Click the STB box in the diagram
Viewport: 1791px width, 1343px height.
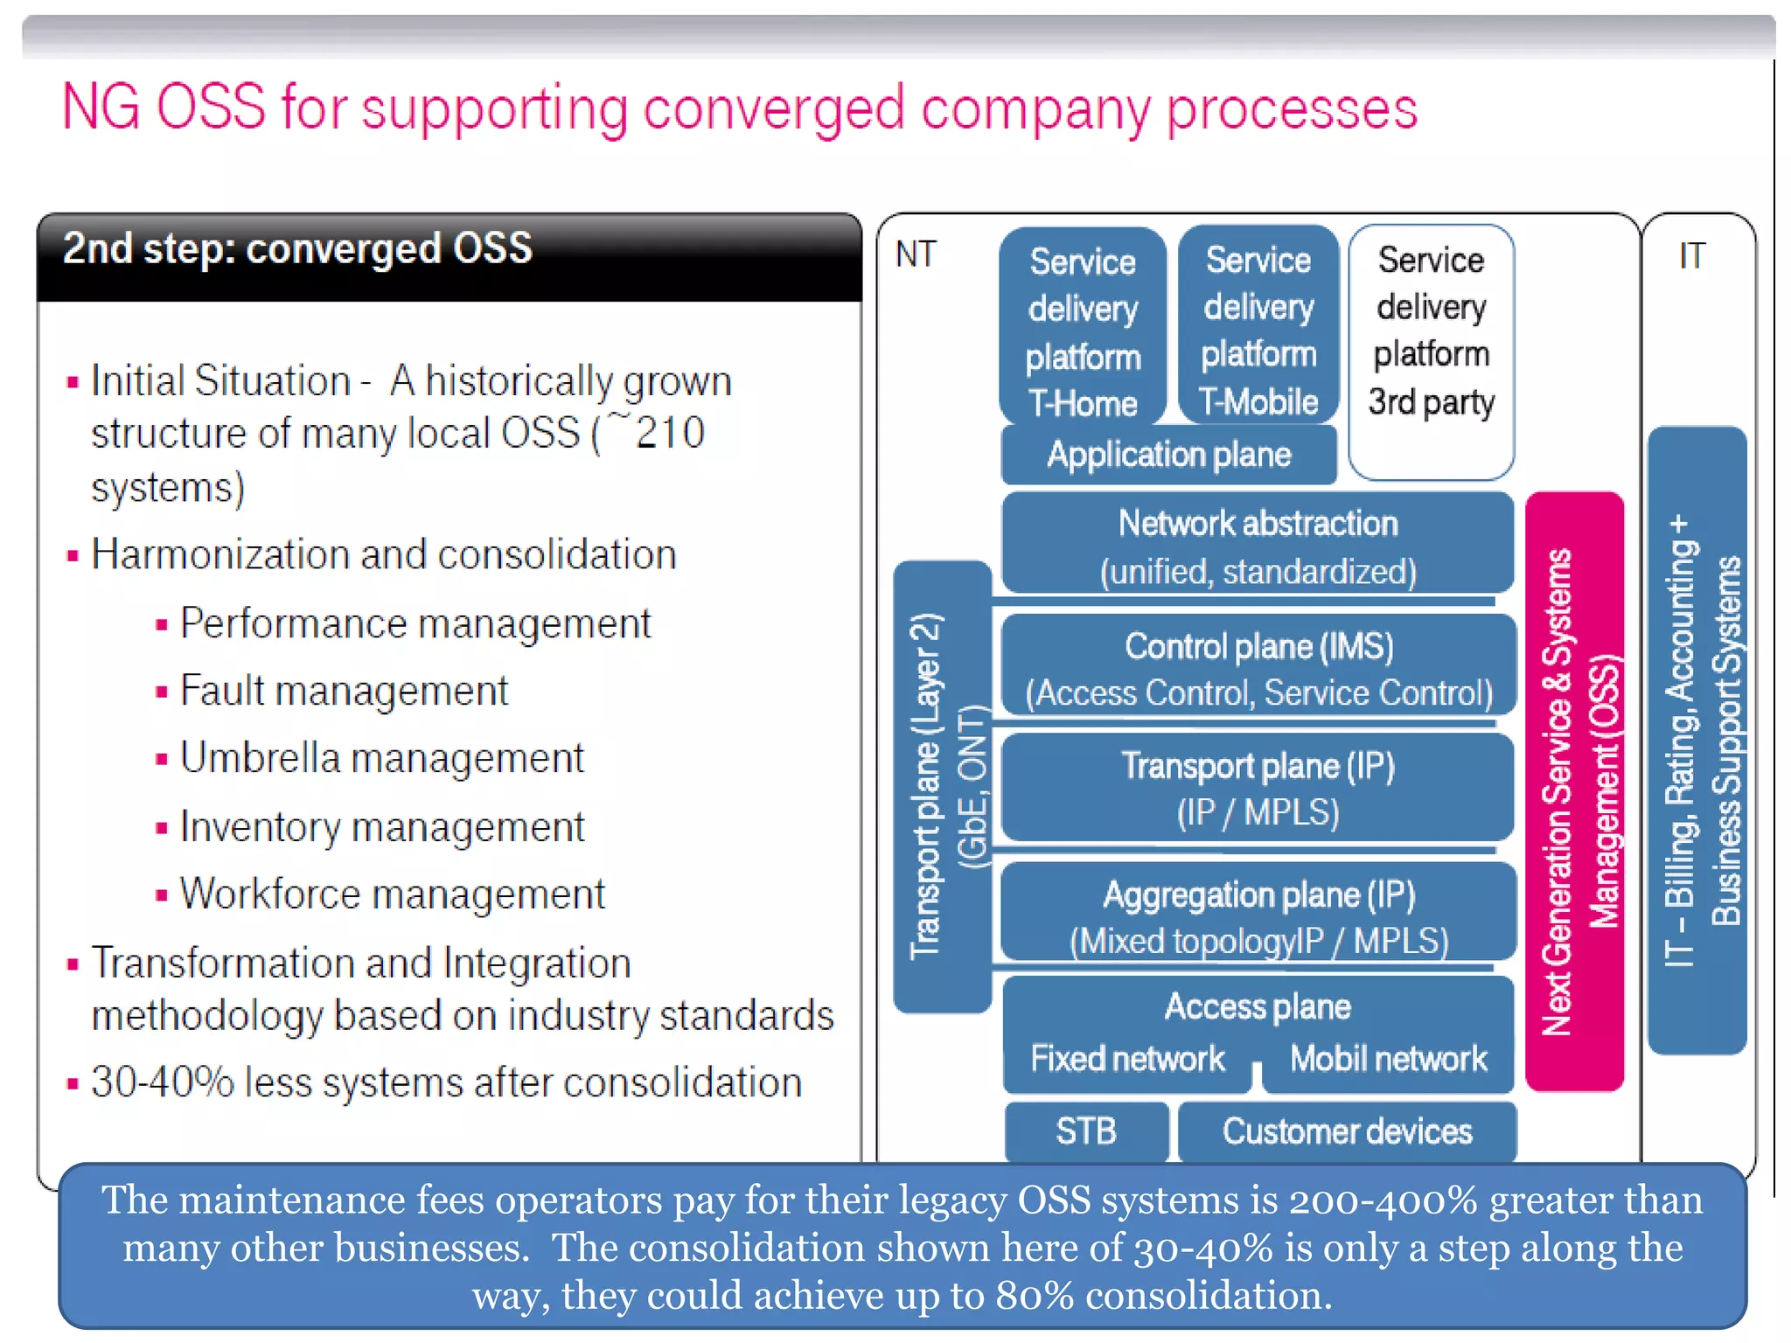[1086, 1131]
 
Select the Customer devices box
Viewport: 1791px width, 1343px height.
[1347, 1131]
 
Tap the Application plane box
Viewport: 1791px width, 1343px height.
[1168, 455]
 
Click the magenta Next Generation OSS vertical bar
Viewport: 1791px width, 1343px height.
[1574, 791]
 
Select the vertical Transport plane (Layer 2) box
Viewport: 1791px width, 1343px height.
[942, 787]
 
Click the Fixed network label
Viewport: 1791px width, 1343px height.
[1127, 1059]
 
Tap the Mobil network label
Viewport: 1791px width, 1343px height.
[1388, 1059]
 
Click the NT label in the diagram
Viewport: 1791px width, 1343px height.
[916, 254]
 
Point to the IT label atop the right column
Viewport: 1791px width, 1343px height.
[1691, 255]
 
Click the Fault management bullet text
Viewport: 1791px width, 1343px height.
[344, 691]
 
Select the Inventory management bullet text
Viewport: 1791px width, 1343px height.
[382, 826]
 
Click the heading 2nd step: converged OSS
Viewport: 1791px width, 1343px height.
[297, 248]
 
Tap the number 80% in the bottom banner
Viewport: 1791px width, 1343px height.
[1034, 1296]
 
